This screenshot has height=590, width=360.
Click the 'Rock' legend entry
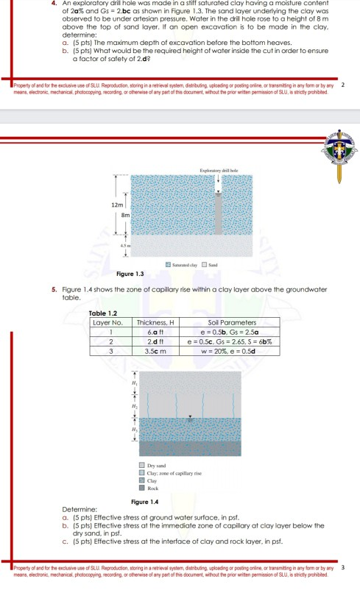click(x=152, y=488)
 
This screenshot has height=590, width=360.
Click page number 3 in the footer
click(x=343, y=568)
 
